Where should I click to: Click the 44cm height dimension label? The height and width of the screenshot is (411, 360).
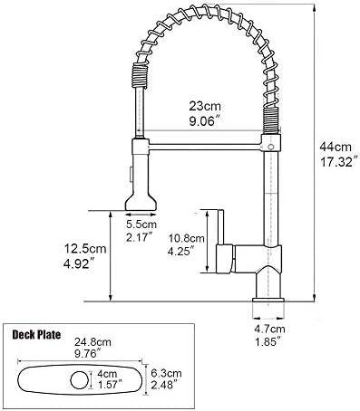pyautogui.click(x=336, y=147)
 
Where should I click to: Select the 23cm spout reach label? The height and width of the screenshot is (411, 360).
pyautogui.click(x=205, y=106)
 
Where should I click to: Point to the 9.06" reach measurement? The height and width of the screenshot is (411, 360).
pyautogui.click(x=204, y=121)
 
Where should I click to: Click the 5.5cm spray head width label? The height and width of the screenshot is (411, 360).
pyautogui.click(x=141, y=225)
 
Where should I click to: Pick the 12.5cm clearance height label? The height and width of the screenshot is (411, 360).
pyautogui.click(x=85, y=249)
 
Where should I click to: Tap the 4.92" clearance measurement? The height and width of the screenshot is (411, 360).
pyautogui.click(x=78, y=264)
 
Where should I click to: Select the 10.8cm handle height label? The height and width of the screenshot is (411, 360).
pyautogui.click(x=187, y=238)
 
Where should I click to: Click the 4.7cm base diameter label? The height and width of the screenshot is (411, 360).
pyautogui.click(x=269, y=329)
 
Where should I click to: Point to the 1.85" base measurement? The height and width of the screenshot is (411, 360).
pyautogui.click(x=268, y=342)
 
